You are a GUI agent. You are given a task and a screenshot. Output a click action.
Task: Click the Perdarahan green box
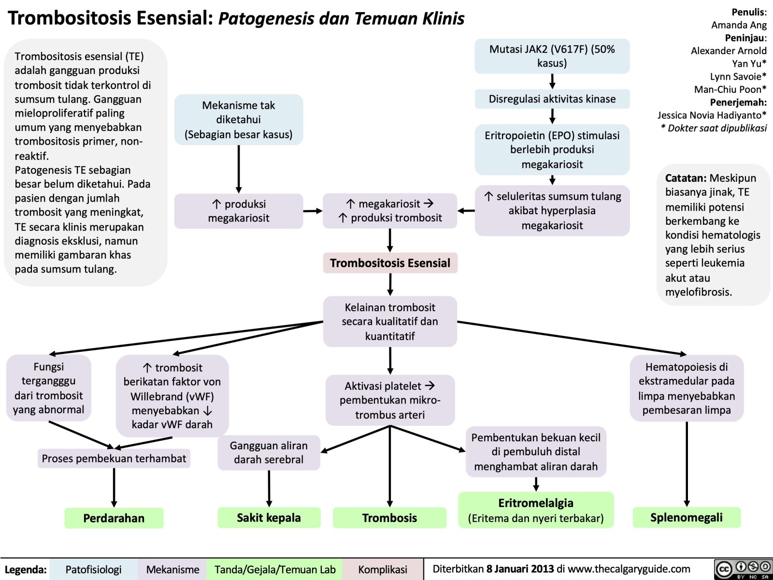114,518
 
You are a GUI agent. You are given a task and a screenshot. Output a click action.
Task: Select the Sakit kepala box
269,518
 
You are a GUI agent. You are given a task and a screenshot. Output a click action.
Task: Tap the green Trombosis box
389,518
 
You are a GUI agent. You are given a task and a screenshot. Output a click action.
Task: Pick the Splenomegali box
686,517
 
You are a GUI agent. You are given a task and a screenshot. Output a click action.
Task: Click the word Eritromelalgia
536,503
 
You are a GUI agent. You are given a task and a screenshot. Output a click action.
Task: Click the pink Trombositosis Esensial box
390,263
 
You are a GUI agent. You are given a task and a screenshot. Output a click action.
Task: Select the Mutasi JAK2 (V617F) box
552,56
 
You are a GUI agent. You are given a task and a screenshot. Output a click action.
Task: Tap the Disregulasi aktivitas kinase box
552,99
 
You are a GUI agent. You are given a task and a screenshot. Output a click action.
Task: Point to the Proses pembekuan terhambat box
114,458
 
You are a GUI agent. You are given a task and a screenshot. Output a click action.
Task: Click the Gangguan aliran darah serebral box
269,452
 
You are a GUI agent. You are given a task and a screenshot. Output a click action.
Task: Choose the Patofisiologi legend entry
93,569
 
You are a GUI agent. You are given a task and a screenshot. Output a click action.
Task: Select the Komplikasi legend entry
382,569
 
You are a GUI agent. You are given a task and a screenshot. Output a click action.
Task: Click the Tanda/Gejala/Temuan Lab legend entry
274,569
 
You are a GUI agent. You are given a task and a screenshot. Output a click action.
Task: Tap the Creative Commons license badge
743,569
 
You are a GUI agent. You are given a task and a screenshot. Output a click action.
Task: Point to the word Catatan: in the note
686,178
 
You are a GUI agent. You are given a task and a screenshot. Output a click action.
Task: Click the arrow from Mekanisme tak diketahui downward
239,169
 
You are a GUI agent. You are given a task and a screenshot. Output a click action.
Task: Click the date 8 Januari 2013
520,569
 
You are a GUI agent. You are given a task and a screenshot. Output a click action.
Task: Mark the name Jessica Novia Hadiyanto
709,115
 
